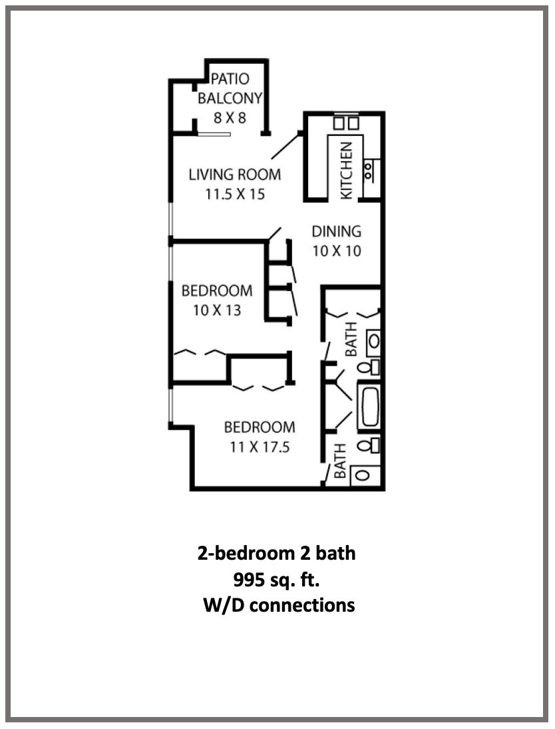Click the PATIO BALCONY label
tap(230, 89)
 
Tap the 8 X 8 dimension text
tap(230, 119)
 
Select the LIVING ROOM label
tap(234, 175)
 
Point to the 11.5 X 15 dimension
tap(234, 195)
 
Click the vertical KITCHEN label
tap(346, 171)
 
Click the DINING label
tap(337, 232)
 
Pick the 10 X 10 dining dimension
tap(337, 252)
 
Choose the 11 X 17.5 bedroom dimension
tap(260, 447)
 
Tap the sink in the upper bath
tap(373, 341)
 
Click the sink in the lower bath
tap(363, 475)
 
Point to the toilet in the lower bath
tap(368, 444)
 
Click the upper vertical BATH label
tap(350, 339)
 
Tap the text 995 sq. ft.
tap(276, 579)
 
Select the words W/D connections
tap(278, 605)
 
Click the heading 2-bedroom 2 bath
tap(276, 553)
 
